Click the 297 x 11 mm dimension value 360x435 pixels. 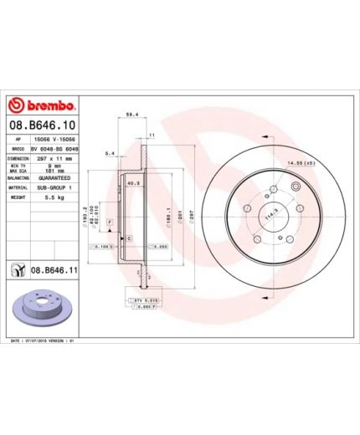tap(53, 157)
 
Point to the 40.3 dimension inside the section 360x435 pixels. tap(131, 183)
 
